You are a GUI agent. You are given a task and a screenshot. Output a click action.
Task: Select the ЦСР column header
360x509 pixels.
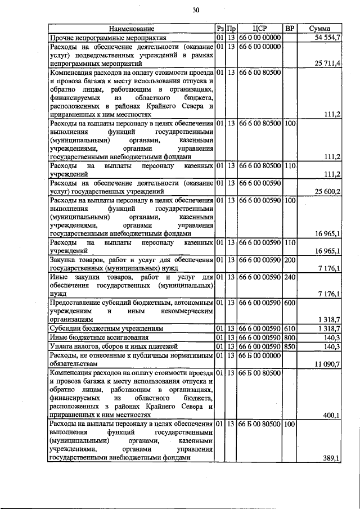(x=259, y=28)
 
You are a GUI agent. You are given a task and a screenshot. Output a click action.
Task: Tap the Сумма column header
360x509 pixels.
(x=319, y=28)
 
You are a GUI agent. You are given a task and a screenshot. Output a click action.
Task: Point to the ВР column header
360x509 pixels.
(x=289, y=28)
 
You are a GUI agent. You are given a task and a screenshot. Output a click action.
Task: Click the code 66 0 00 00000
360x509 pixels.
(x=259, y=37)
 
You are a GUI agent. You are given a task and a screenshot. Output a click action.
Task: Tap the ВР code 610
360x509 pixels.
(x=290, y=328)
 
